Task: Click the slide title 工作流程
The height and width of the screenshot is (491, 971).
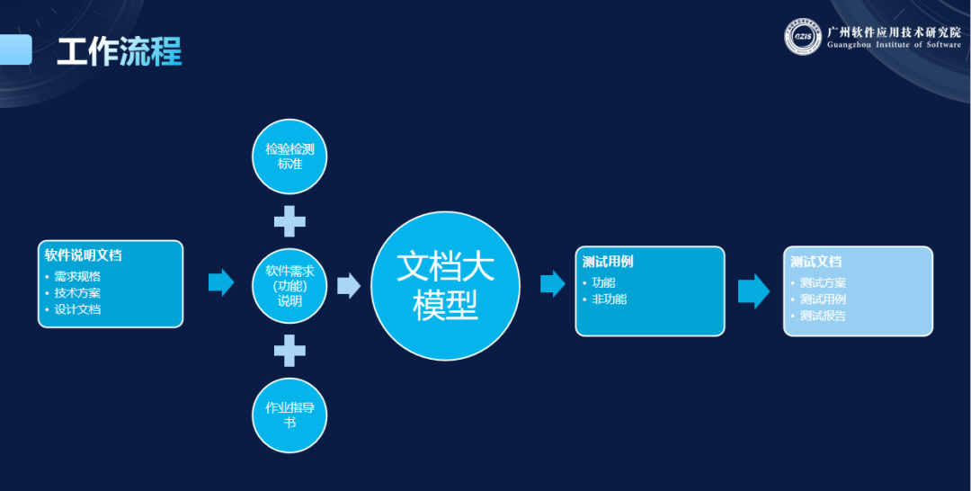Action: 119,52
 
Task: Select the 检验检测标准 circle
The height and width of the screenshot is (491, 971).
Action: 290,156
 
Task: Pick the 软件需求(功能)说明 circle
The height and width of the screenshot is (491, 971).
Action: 290,285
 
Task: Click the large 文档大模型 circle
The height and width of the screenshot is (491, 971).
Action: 446,285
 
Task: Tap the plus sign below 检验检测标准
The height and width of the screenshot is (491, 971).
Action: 290,220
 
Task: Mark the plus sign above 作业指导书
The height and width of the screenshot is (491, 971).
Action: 290,350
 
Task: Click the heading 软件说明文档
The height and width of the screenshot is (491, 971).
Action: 84,255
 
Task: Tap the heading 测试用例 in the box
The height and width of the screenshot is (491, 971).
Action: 608,262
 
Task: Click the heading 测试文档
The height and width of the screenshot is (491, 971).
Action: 816,262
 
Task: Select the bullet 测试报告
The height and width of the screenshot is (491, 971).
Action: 823,316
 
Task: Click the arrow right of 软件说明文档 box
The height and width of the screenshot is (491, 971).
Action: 221,282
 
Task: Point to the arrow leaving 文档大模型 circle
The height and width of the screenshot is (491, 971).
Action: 552,284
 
